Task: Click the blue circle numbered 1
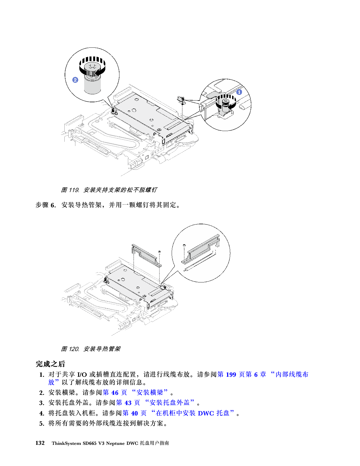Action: pos(239,92)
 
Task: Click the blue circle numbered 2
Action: pos(75,80)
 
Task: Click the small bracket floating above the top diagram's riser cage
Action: pos(181,99)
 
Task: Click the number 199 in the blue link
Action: pos(231,374)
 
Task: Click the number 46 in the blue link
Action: pos(115,393)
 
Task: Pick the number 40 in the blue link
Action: pos(134,413)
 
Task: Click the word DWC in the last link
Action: pos(206,413)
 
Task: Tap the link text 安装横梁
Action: pos(150,393)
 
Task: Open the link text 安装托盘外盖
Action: pos(169,403)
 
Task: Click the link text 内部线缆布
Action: pos(292,374)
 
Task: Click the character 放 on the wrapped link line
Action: pos(51,382)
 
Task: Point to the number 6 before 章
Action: pos(256,374)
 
